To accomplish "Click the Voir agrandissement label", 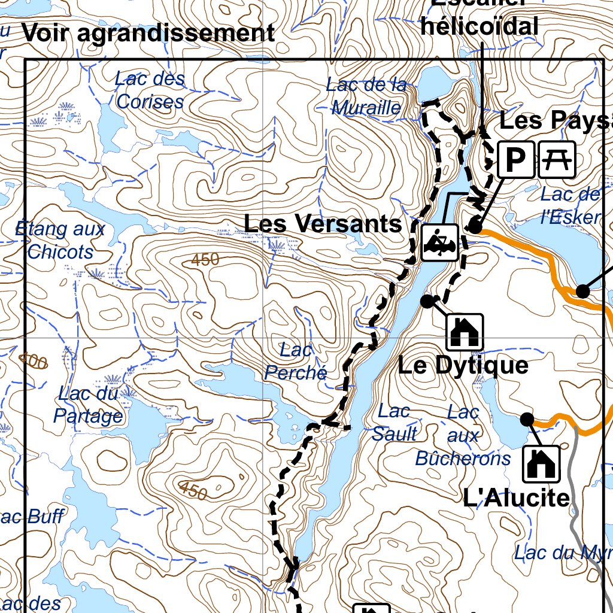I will [x=148, y=34].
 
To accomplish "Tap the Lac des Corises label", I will [x=150, y=90].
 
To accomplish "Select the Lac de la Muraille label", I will [x=366, y=96].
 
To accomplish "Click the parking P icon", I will [x=515, y=159].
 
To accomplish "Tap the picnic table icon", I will [x=557, y=159].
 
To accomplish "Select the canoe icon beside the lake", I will [x=440, y=242].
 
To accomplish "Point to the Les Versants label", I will [x=323, y=224].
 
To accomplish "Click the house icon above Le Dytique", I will [x=464, y=332].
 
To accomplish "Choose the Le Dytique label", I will [x=463, y=365].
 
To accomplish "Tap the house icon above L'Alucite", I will [x=542, y=463].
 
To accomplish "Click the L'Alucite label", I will [x=516, y=497].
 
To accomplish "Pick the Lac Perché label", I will [x=296, y=361].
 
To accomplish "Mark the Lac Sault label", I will [x=394, y=423].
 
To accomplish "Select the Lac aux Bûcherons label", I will [x=463, y=435].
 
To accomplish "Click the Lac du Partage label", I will [x=88, y=405].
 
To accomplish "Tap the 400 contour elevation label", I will [x=33, y=361].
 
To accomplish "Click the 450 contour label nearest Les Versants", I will [x=205, y=260].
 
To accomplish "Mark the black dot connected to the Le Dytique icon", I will [x=427, y=301].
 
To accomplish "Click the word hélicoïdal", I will [x=479, y=26].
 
